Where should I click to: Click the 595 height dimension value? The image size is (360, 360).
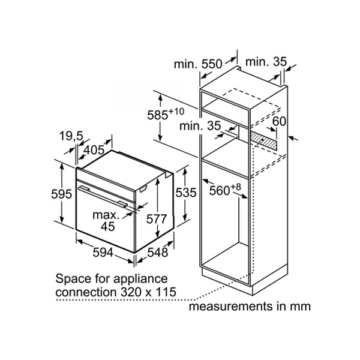click(x=62, y=194)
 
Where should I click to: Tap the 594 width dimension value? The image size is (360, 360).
click(x=103, y=253)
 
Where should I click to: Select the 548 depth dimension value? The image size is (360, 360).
click(x=158, y=253)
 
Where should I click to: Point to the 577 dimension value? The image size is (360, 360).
click(x=157, y=219)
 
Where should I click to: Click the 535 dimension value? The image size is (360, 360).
click(x=186, y=193)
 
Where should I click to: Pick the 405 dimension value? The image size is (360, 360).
click(x=94, y=150)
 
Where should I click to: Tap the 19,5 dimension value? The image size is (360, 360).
click(x=71, y=136)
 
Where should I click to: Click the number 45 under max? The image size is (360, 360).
click(x=107, y=226)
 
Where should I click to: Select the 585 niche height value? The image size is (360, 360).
click(x=157, y=115)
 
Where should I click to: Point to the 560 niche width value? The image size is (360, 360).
click(x=220, y=191)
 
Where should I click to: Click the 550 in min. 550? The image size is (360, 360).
click(x=212, y=64)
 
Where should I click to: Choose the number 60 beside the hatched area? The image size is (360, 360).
click(x=279, y=121)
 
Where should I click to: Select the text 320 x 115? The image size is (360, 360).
click(x=148, y=292)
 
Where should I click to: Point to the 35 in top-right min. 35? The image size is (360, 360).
click(x=280, y=62)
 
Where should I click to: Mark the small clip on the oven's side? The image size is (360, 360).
click(x=143, y=188)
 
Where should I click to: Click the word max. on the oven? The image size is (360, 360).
click(x=106, y=215)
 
